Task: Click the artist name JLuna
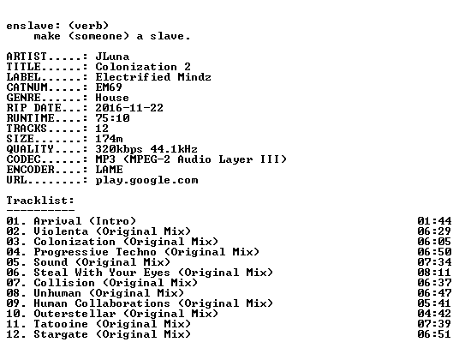coord(112,57)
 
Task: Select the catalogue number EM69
coord(109,87)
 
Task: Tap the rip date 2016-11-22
coord(129,108)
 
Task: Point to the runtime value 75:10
coord(112,118)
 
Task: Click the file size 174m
coord(109,139)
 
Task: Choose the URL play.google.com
coord(146,181)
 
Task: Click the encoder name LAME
coord(109,170)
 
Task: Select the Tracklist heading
coord(40,201)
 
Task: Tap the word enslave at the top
coord(33,26)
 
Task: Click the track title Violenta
coord(61,231)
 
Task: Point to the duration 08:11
coord(434,273)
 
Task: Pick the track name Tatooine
coord(61,324)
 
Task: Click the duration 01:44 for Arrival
coord(434,221)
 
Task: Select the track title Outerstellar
coord(75,314)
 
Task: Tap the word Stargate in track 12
coord(61,335)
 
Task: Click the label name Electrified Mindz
coord(153,77)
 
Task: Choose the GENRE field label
coord(23,98)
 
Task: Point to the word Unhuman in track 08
coord(57,293)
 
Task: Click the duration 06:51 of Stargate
coord(434,334)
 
